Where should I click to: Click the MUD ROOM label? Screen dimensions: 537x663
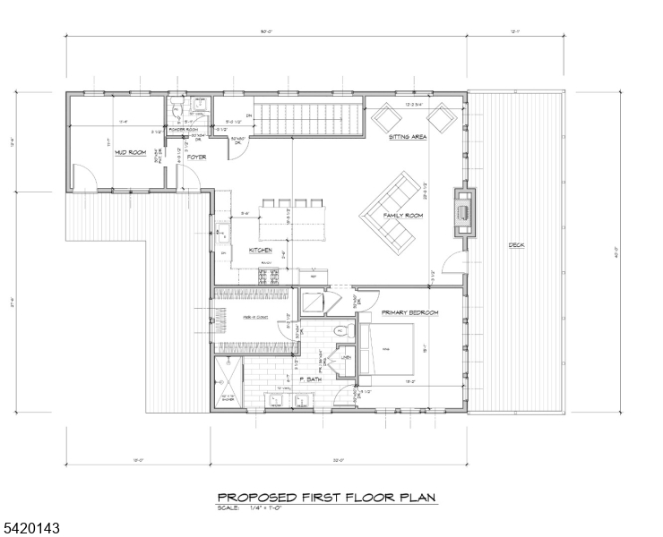coord(130,153)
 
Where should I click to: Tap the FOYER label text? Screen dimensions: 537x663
coord(196,158)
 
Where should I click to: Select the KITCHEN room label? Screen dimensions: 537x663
coord(260,251)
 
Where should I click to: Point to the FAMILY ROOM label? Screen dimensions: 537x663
coord(402,216)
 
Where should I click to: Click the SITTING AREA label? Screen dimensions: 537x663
coord(407,138)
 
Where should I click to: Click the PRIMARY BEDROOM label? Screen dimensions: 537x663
coord(409,311)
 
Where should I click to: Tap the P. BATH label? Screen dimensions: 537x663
coord(309,380)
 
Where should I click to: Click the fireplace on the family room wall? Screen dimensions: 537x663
coord(463,211)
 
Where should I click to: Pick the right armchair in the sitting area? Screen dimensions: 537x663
coord(439,117)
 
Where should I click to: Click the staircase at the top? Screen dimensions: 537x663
coord(309,117)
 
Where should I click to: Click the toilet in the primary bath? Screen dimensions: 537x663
coord(339,333)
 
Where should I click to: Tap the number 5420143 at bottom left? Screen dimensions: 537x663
coord(30,529)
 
